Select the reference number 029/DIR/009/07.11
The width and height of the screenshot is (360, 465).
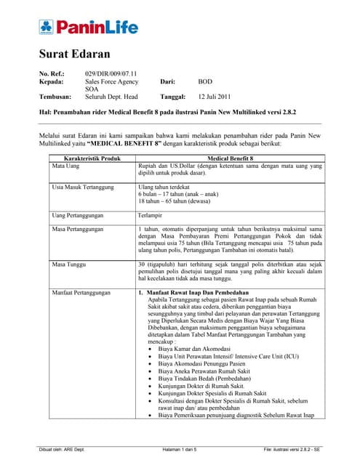click(110, 73)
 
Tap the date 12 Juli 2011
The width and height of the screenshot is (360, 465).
click(215, 96)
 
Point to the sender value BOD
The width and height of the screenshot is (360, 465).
click(205, 82)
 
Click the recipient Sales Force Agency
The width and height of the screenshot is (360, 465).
click(113, 82)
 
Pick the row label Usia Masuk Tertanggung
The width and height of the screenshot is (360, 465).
click(82, 187)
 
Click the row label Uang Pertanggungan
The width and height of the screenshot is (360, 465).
click(77, 215)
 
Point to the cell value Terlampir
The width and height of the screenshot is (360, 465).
click(150, 215)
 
